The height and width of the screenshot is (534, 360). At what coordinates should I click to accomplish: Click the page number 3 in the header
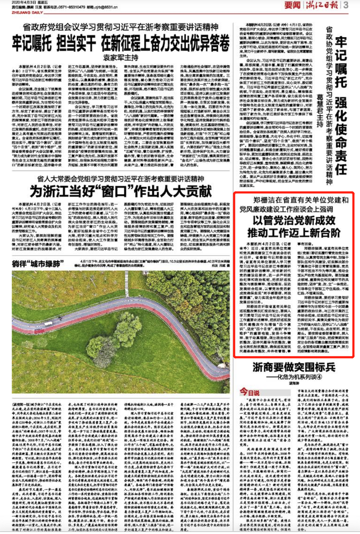click(346, 5)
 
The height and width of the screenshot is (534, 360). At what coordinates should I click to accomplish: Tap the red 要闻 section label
click(292, 5)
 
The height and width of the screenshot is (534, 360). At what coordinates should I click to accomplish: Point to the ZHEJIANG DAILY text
click(27, 12)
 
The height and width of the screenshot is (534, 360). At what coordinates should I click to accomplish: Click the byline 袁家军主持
click(120, 57)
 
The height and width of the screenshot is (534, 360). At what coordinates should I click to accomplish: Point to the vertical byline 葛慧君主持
click(320, 110)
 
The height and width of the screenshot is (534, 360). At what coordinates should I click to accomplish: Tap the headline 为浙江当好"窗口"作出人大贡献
click(121, 192)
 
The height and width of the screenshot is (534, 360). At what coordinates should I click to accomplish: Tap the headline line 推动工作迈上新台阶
click(294, 233)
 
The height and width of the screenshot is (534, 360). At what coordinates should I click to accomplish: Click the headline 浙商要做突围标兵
click(294, 367)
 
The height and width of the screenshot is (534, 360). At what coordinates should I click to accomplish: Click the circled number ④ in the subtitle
click(319, 377)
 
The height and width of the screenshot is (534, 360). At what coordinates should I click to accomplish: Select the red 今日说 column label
click(249, 392)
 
